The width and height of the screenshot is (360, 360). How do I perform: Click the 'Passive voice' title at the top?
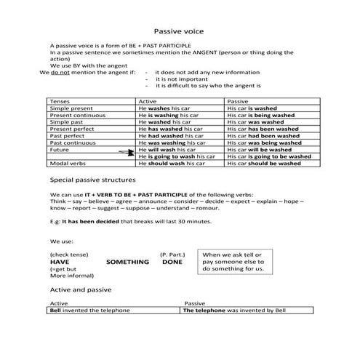pyautogui.click(x=180, y=32)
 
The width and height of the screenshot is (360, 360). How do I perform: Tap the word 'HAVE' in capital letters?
pyautogui.click(x=60, y=262)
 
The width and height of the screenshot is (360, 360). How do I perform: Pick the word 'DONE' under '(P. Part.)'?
pyautogui.click(x=172, y=262)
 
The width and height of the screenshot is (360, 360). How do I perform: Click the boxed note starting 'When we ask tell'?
pyautogui.click(x=236, y=262)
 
